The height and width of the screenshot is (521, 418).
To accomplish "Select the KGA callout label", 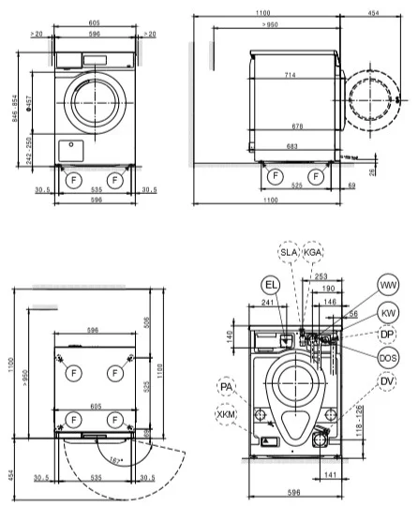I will click(314, 251).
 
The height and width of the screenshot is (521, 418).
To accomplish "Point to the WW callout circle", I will click(388, 286).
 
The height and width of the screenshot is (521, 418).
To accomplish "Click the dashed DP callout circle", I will click(388, 335).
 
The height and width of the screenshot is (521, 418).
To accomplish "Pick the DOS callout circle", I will click(388, 358).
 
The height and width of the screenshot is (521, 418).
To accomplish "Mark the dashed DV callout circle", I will click(388, 381).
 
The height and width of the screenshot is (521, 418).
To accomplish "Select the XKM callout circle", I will click(226, 413).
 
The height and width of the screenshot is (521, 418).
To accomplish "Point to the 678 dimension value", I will click(296, 126).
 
